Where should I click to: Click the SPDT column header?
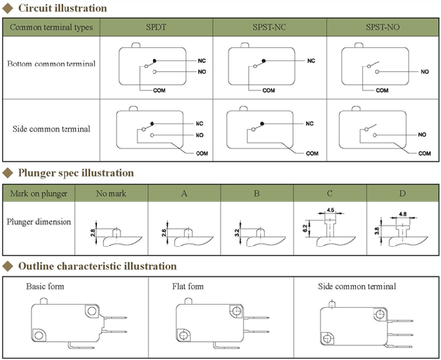[156, 27]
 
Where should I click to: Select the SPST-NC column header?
[269, 27]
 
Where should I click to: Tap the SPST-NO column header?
[382, 27]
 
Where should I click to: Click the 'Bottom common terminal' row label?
[51, 64]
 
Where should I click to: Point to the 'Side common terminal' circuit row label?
[51, 129]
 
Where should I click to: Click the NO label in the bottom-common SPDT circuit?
[202, 72]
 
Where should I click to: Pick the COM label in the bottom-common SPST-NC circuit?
[268, 91]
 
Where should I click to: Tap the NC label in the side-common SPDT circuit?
[200, 123]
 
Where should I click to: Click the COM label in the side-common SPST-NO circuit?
[425, 154]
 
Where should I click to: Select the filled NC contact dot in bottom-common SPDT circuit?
[154, 60]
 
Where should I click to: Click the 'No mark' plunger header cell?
[111, 193]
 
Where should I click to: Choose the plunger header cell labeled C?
[329, 193]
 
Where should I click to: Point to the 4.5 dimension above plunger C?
[331, 210]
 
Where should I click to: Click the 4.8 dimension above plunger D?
[403, 214]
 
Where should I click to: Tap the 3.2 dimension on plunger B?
[237, 232]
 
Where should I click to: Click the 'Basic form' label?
[45, 286]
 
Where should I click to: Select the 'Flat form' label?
[188, 286]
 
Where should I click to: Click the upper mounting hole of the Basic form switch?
[92, 311]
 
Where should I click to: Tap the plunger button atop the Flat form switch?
[188, 301]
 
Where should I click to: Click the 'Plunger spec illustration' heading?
[76, 173]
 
